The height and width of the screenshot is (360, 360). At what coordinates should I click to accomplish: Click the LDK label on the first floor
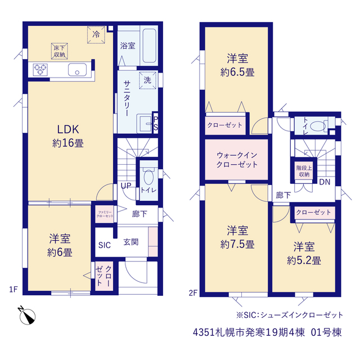point(68,129)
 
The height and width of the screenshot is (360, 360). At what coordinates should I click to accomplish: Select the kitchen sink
point(77,70)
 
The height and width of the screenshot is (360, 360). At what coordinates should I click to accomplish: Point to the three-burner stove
point(40,70)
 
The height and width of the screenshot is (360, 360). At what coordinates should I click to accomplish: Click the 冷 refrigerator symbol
point(96,35)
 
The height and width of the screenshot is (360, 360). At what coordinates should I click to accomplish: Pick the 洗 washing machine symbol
point(147,80)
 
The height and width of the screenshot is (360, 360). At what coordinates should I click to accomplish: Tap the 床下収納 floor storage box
point(59,51)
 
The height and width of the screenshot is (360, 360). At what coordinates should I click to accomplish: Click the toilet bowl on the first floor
point(148,176)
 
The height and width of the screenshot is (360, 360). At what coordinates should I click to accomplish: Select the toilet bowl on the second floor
point(317,126)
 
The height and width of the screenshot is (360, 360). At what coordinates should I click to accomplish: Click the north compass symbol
point(27,316)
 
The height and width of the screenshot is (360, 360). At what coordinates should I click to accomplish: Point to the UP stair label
point(126,186)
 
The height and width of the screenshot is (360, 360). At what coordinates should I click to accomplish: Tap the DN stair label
point(325,182)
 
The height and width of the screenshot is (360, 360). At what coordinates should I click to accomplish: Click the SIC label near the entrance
point(105,245)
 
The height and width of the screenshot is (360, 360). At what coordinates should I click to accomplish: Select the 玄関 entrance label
point(131,242)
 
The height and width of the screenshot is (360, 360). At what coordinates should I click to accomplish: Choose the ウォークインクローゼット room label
point(237,160)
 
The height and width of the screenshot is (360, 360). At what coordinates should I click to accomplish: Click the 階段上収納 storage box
point(304,171)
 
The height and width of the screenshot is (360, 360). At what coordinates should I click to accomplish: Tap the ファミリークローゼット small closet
point(105,214)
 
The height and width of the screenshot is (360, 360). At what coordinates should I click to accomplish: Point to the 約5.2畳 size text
point(304,260)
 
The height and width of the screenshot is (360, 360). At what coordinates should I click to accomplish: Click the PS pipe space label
point(156,123)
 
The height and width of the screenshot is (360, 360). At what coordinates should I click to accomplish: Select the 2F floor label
point(193,292)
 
